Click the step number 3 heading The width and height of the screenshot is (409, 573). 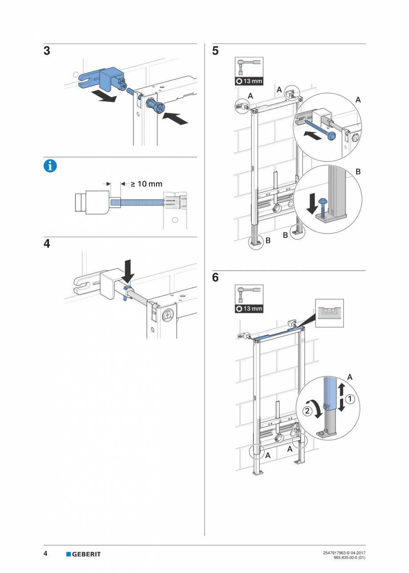pos(47,51)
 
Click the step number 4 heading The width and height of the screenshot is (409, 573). pos(47,244)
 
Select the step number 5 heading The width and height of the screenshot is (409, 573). pos(216,51)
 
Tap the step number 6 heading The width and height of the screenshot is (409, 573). pos(216,278)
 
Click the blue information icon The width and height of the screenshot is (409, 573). pos(50,166)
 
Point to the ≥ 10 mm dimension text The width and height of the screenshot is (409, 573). pos(146,183)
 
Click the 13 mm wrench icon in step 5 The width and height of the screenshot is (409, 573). pos(249,71)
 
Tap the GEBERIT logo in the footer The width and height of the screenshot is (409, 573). pos(84,554)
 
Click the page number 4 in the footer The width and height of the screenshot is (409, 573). pos(46,553)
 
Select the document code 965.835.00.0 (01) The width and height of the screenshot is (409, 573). pos(349,557)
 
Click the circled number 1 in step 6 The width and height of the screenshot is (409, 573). pos(350,399)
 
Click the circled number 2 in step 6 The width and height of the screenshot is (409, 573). pos(307,410)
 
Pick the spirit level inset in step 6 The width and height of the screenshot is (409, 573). pos(329,313)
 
